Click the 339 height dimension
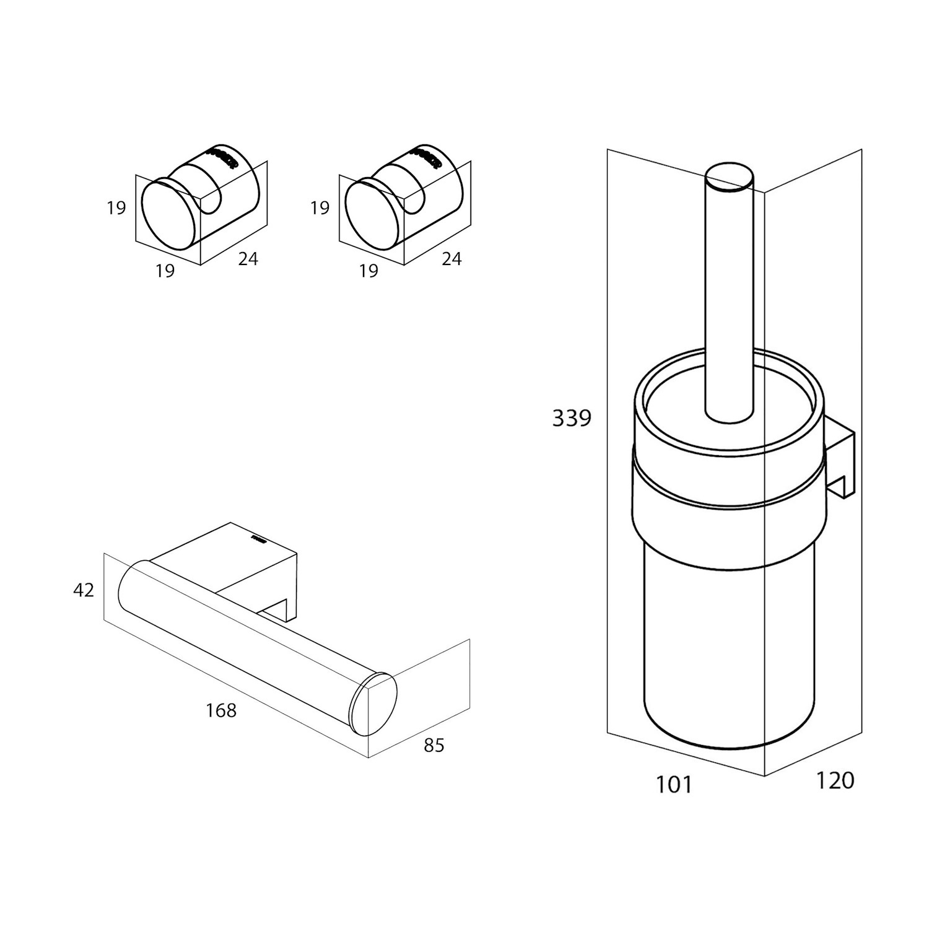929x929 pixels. pyautogui.click(x=572, y=419)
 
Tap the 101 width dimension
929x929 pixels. pyautogui.click(x=673, y=785)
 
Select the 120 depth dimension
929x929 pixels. pyautogui.click(x=835, y=780)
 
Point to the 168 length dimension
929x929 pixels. pyautogui.click(x=221, y=710)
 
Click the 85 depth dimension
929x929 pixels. pyautogui.click(x=434, y=745)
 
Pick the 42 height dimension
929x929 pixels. pyautogui.click(x=84, y=590)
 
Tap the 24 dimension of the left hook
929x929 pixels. pyautogui.click(x=248, y=258)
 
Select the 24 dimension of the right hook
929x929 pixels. pyautogui.click(x=451, y=258)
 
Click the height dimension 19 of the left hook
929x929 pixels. pyautogui.click(x=116, y=207)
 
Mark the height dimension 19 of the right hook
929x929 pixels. pyautogui.click(x=320, y=207)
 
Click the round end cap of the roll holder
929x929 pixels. pyautogui.click(x=373, y=705)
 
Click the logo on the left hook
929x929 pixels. pyautogui.click(x=224, y=157)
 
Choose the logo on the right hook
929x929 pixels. pyautogui.click(x=427, y=157)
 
